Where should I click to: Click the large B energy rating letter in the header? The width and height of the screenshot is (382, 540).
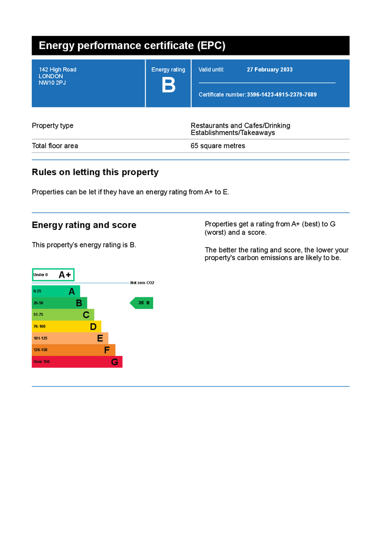pos(168,85)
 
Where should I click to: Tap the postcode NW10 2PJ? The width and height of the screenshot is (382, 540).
pos(52,83)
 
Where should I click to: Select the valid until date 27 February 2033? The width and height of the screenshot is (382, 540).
pos(270,70)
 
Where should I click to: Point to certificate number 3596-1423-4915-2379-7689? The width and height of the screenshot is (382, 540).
pos(282,94)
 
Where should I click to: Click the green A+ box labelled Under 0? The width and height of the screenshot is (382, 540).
pos(53,275)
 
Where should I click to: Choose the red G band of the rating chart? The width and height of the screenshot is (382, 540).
pos(77,362)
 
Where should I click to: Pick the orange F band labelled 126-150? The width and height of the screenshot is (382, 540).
pos(73,350)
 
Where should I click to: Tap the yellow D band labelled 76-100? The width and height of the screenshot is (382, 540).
pos(66,326)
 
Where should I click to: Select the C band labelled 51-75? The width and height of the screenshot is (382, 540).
pos(63,315)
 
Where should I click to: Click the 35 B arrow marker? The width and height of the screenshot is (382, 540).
pos(142,303)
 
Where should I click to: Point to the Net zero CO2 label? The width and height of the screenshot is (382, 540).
pos(142,283)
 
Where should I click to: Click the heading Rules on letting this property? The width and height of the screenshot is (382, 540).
pos(95,172)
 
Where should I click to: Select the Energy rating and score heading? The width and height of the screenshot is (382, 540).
pos(84,225)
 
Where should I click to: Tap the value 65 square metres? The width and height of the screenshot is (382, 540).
pos(218,146)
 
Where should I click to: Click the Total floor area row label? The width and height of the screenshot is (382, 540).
pos(55,146)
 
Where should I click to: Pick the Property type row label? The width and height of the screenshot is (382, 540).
pos(53,126)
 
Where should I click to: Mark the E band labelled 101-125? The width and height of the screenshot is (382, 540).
pos(70,338)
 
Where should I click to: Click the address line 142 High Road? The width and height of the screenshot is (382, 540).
pos(58,70)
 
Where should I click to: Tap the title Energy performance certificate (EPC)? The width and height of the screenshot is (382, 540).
pos(132,46)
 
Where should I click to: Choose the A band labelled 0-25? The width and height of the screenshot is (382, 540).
pos(56,291)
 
